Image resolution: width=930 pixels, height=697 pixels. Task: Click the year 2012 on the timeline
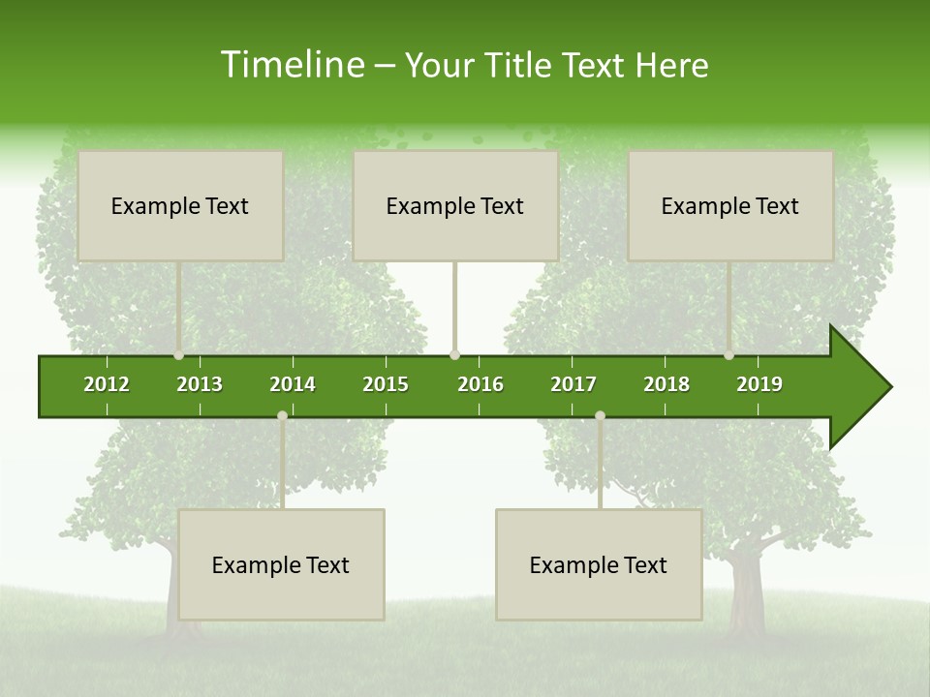pos(107,384)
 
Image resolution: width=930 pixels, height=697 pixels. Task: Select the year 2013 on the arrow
pos(200,384)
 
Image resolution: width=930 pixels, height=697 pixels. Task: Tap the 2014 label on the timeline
pos(293,384)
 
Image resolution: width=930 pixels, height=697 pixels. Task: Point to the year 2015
pos(386,384)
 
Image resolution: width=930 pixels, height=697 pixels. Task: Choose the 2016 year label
pos(480,384)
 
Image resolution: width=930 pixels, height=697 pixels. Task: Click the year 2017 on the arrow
pos(573,384)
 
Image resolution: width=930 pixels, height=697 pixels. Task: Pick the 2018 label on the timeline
pos(666,384)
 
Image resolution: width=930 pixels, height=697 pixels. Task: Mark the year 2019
pos(759,384)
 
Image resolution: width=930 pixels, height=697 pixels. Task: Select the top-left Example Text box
pos(180,205)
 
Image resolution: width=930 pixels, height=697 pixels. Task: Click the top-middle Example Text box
pos(455,205)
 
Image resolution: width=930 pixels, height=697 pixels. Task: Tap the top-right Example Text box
pos(730,205)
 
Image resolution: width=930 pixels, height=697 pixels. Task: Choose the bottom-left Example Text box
pos(281,564)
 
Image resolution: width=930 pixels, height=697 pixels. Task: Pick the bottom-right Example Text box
pos(599,564)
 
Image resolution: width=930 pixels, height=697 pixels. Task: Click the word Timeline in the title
pos(291,65)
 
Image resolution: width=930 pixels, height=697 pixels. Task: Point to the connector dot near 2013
pos(179,355)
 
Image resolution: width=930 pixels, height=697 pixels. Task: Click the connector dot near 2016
pos(455,355)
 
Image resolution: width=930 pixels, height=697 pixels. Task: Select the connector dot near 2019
pos(729,355)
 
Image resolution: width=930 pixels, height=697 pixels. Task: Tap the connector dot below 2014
pos(282,416)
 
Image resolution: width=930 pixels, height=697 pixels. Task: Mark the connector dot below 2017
pos(600,416)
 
